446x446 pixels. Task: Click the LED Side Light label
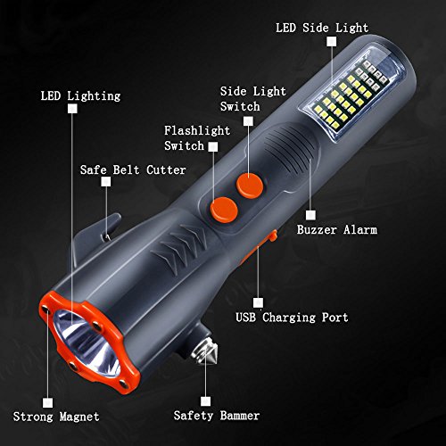pos(322,29)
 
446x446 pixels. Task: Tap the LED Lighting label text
pos(80,96)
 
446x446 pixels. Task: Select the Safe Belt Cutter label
pos(133,170)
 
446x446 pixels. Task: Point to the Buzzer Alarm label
pos(337,230)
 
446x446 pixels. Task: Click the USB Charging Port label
pos(292,318)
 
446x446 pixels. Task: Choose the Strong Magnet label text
pos(56,417)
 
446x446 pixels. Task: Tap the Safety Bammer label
pos(217,416)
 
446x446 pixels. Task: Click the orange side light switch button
pos(250,186)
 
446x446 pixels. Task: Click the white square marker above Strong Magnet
pos(47,403)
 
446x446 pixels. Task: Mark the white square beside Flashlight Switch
pos(213,146)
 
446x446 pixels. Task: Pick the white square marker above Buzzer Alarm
pos(310,215)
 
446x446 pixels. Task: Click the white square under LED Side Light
pos(332,41)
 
